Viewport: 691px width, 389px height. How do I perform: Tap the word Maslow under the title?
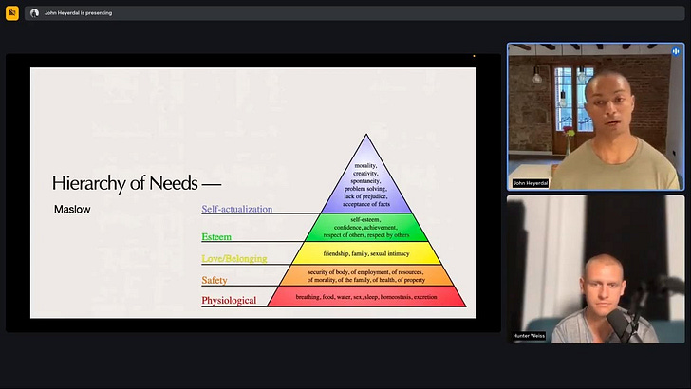coord(72,209)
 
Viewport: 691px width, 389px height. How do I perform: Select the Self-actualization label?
coord(236,209)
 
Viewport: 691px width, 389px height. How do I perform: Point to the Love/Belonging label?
coord(233,258)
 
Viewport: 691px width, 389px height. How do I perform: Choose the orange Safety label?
coord(214,280)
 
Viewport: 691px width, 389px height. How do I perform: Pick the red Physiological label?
coord(229,301)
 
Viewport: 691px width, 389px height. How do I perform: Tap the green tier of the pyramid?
coord(366,227)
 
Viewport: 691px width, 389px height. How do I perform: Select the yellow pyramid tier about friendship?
coord(366,253)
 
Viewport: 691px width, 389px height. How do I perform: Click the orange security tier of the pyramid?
coord(366,275)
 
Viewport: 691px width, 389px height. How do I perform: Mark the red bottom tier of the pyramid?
coord(366,297)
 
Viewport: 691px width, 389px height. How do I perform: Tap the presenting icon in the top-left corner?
coord(12,13)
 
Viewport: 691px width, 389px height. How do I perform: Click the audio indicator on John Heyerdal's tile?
coord(676,51)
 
